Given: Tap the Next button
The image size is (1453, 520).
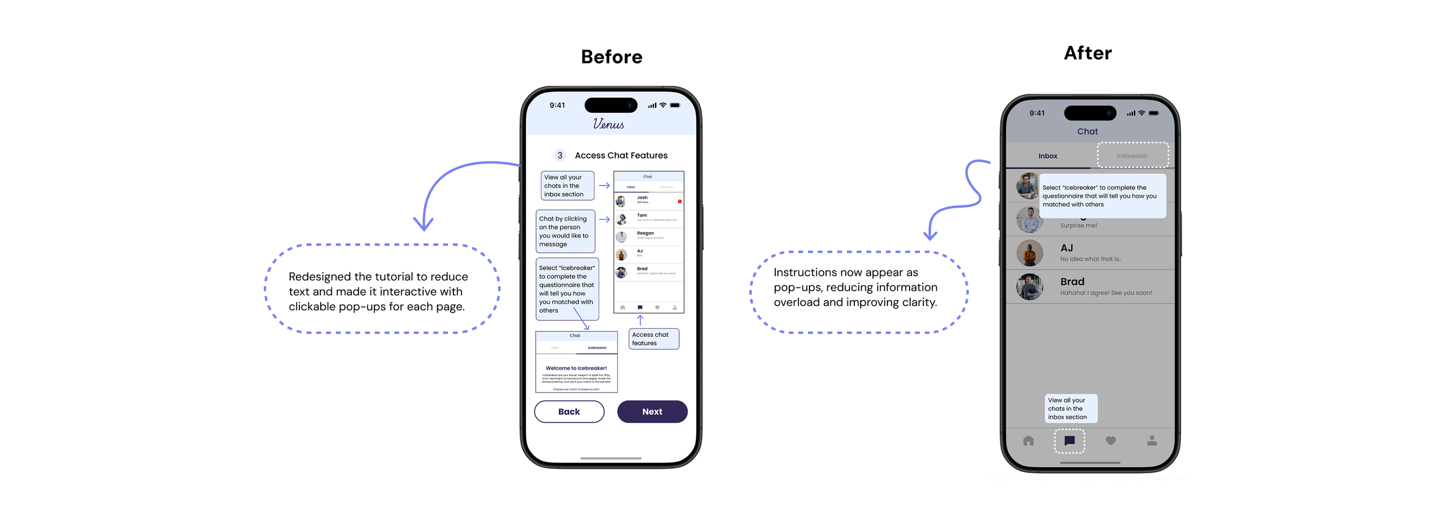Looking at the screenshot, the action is click(x=652, y=411).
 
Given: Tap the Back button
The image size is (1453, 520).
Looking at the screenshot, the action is click(x=569, y=411).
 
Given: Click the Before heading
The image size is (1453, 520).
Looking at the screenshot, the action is click(x=611, y=57).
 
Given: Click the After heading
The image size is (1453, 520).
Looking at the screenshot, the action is click(x=1087, y=53).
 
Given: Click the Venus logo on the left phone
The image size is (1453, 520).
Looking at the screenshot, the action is click(x=609, y=124).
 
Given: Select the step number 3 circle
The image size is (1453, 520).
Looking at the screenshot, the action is click(x=560, y=155).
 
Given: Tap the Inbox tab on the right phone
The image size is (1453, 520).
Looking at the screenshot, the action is click(x=1047, y=156).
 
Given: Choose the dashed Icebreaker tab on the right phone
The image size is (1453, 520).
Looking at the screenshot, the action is click(x=1132, y=155).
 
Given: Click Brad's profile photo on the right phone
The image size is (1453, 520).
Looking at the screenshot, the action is click(x=1029, y=287).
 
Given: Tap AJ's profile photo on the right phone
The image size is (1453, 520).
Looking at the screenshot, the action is click(x=1029, y=253).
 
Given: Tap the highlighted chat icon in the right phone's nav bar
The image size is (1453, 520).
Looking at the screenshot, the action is click(x=1069, y=441).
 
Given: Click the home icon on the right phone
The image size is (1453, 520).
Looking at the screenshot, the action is click(x=1028, y=441).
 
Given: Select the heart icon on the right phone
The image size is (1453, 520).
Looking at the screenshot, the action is click(x=1111, y=441).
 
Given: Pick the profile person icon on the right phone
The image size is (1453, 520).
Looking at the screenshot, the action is click(x=1151, y=441).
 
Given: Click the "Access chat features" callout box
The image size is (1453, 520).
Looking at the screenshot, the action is click(x=654, y=339).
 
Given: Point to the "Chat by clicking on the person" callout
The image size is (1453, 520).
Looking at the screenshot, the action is click(x=566, y=231).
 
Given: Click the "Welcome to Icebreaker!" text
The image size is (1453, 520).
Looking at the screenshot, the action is click(x=576, y=368).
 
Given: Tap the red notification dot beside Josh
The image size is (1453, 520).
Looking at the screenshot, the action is click(x=679, y=201).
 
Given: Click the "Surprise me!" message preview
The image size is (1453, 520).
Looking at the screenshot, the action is click(x=1078, y=226).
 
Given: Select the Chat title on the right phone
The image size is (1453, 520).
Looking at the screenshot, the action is click(x=1087, y=131).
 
